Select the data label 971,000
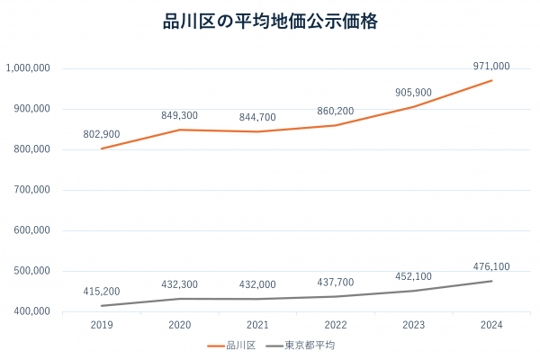coord(491,66)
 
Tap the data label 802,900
coord(102,133)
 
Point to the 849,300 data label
coord(180,115)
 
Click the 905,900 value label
coord(414,92)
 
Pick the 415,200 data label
coord(102,292)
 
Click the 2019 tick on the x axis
coord(102,325)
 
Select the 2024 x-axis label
coord(491,325)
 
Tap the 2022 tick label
coord(336,325)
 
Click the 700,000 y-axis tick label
coord(31,190)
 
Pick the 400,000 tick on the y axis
coord(31,311)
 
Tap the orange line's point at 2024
coord(491,80)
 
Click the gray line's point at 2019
coord(102,306)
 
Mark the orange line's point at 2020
coord(180,130)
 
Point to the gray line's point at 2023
coord(414,291)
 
